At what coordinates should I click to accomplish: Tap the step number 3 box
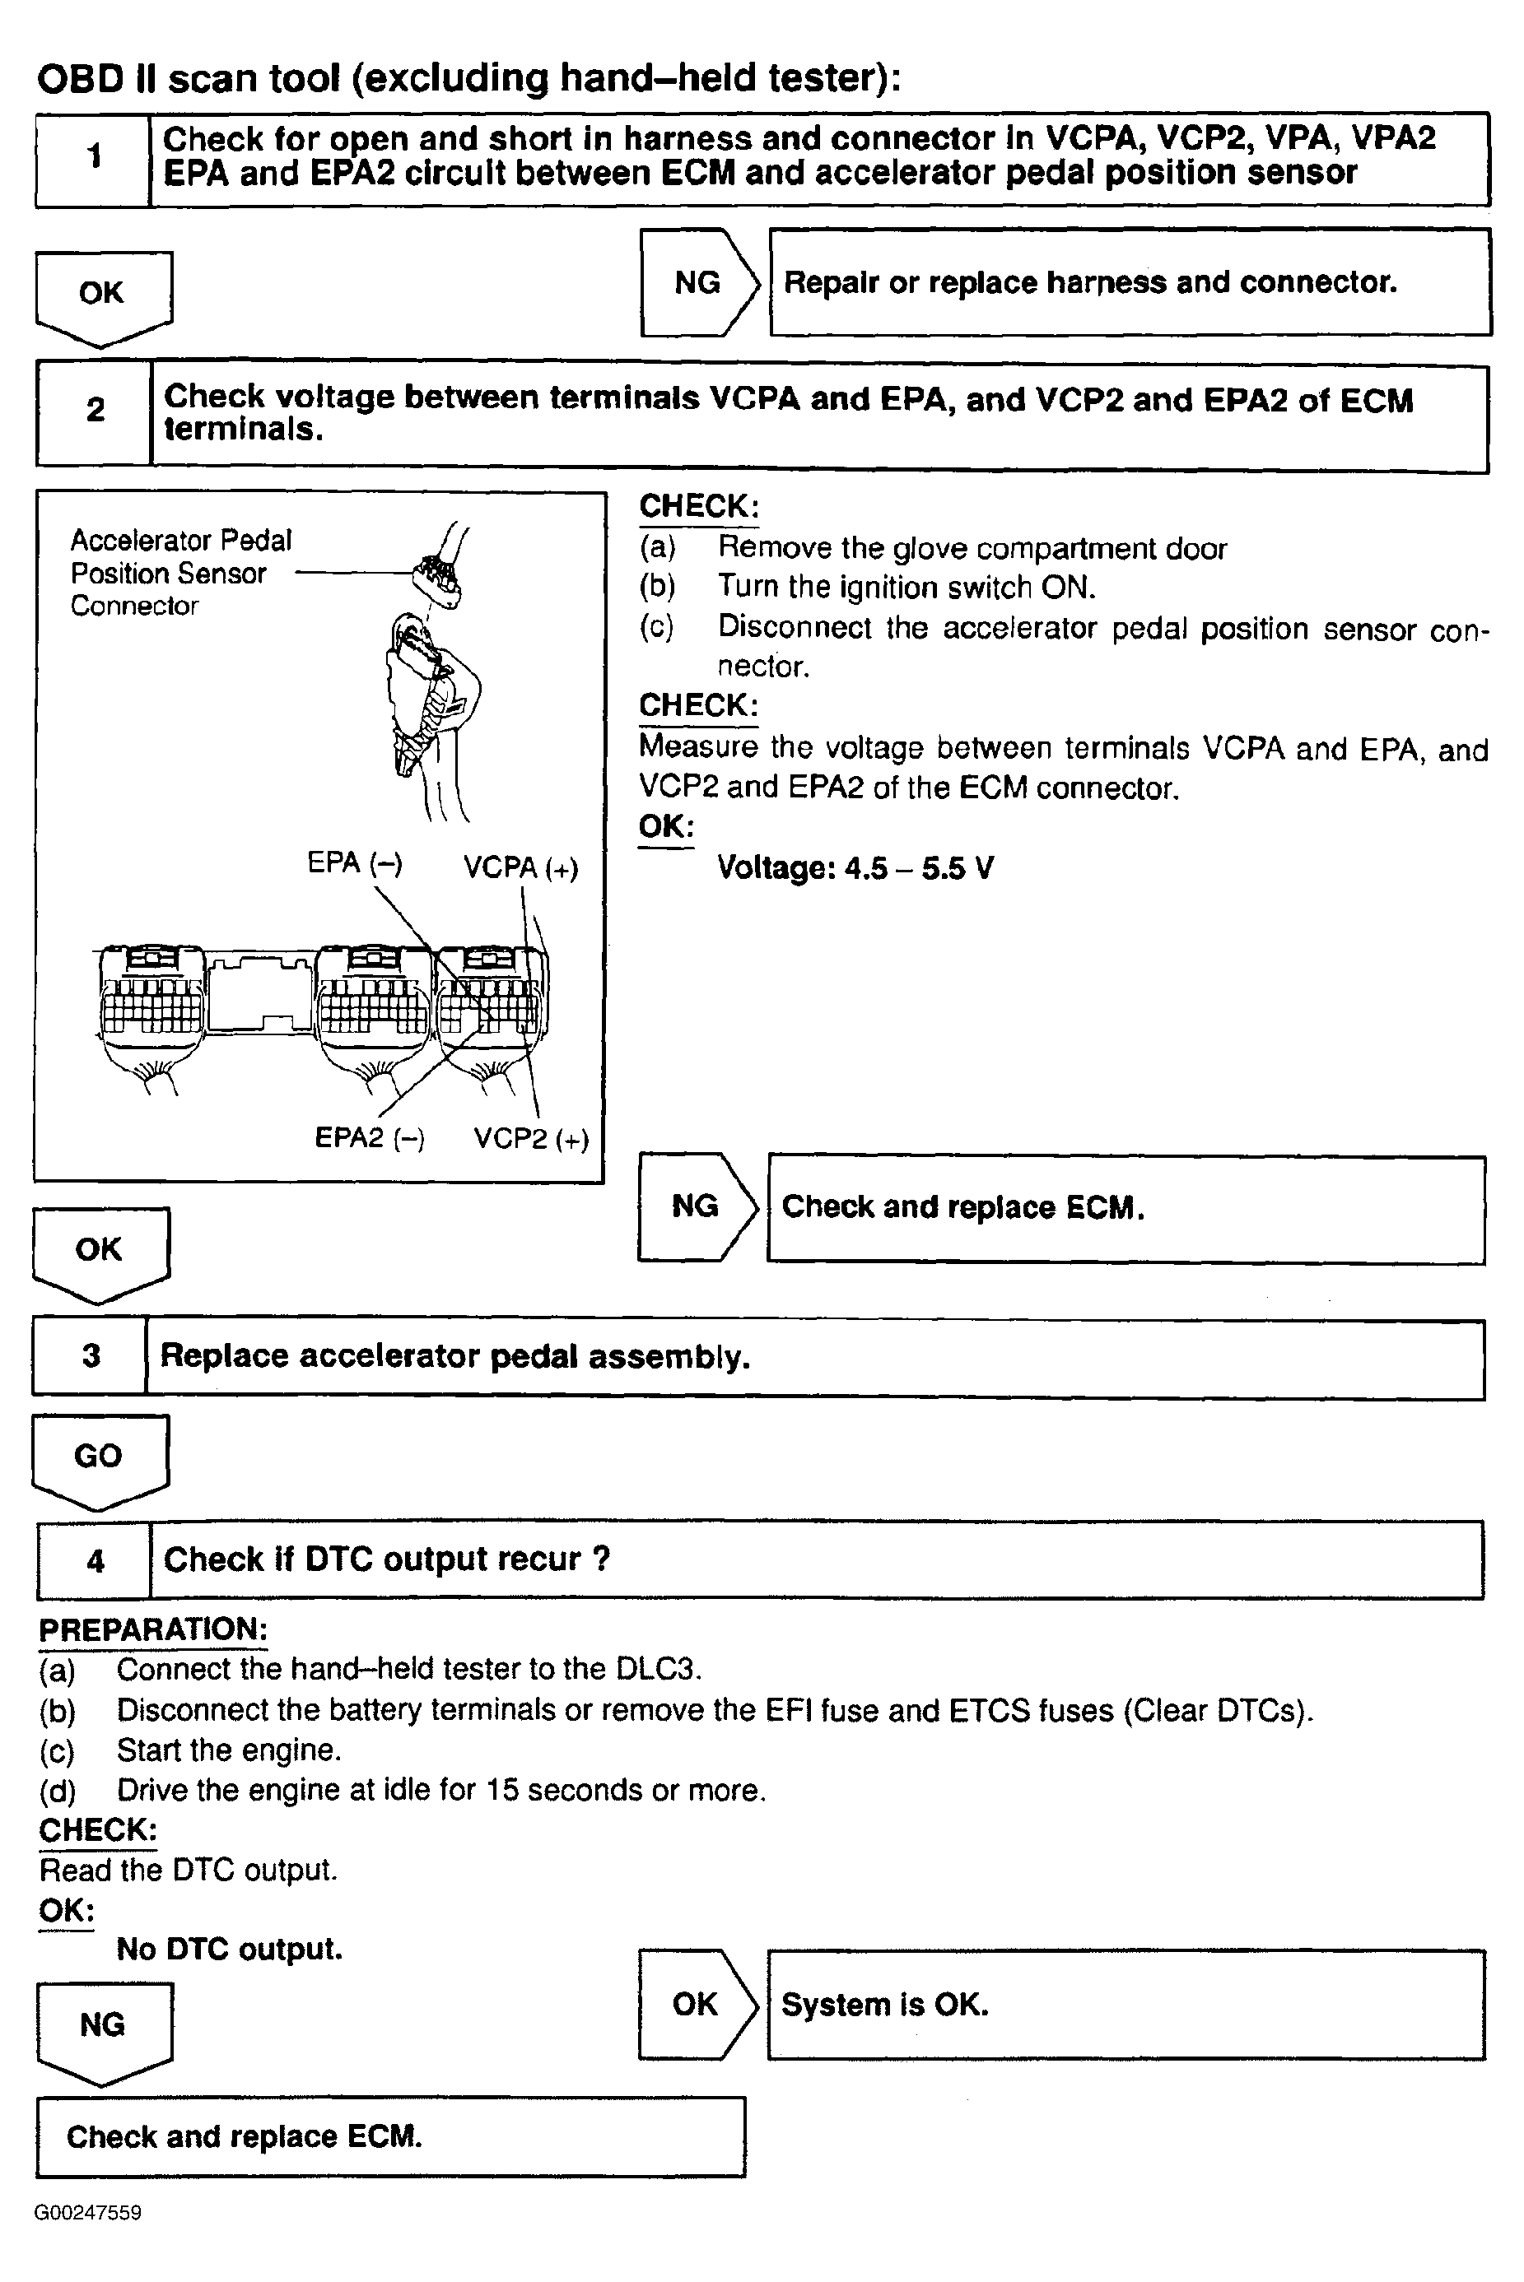click(x=91, y=1356)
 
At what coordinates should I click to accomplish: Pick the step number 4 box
click(x=96, y=1561)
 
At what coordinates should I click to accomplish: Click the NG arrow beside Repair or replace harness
click(x=699, y=283)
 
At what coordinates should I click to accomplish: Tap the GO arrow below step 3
click(x=99, y=1458)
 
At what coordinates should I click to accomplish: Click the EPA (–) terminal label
click(x=355, y=862)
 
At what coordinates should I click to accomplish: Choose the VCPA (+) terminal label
click(x=521, y=867)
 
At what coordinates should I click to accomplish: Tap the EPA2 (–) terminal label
click(x=370, y=1137)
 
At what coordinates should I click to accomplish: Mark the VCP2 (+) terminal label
click(x=532, y=1139)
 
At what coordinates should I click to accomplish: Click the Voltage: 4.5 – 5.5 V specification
click(x=855, y=867)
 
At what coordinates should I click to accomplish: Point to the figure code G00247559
click(x=87, y=2213)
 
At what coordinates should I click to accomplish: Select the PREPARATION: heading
click(x=152, y=1629)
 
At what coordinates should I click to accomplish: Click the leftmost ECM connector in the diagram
click(x=151, y=1001)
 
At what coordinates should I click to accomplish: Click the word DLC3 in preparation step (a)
click(x=657, y=1669)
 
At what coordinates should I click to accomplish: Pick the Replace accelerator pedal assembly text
click(x=454, y=1356)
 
